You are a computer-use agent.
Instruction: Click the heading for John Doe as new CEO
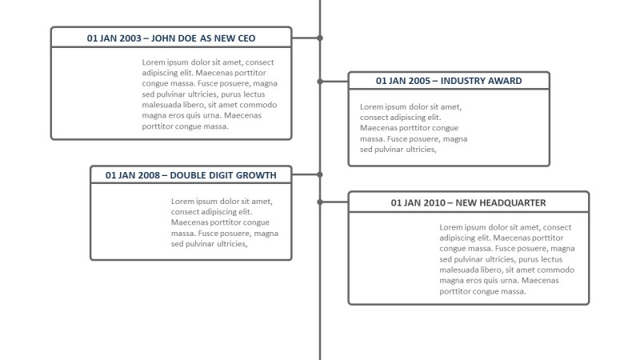pyautogui.click(x=171, y=38)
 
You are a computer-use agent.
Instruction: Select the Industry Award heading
pyautogui.click(x=449, y=81)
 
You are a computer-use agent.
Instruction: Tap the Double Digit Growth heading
pyautogui.click(x=190, y=174)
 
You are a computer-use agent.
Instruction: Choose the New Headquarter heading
pyautogui.click(x=468, y=202)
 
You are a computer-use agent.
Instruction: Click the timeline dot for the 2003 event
pyautogui.click(x=320, y=38)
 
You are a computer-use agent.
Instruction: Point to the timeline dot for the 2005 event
pyautogui.click(x=320, y=81)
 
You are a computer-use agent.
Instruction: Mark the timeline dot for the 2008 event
pyautogui.click(x=320, y=174)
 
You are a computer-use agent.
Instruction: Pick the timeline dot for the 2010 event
pyautogui.click(x=320, y=202)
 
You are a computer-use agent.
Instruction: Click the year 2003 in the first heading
pyautogui.click(x=130, y=38)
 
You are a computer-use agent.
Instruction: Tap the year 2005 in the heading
pyautogui.click(x=419, y=81)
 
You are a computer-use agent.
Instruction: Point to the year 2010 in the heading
pyautogui.click(x=434, y=202)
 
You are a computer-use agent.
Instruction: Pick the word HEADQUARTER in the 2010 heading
pyautogui.click(x=511, y=202)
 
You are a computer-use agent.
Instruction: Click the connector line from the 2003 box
pyautogui.click(x=306, y=38)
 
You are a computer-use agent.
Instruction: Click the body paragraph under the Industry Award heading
pyautogui.click(x=414, y=128)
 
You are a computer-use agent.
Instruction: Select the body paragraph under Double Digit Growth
pyautogui.click(x=224, y=222)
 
